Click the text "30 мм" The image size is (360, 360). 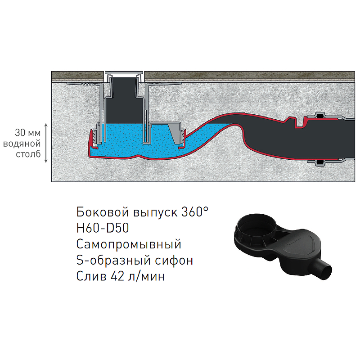28,133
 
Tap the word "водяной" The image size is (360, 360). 22,144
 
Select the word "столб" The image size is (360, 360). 28,154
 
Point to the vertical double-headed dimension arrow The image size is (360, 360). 46,143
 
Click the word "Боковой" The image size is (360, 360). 103,211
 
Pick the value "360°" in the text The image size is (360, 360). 195,211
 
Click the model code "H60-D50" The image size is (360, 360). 103,228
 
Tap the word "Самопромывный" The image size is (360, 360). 129,244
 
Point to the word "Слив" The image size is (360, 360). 91,276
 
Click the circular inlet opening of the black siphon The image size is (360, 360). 256,227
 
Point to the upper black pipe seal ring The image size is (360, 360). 319,117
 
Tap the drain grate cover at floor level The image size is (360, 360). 124,73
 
